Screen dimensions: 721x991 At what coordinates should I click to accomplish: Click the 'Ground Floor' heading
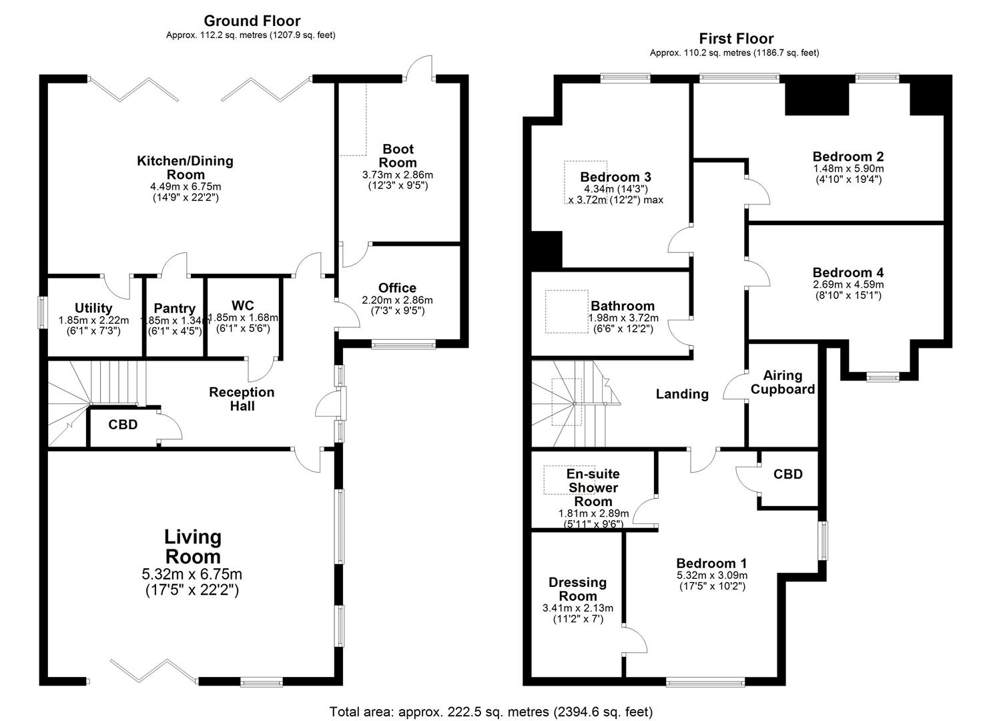point(252,21)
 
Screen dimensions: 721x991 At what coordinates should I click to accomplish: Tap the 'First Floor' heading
point(736,39)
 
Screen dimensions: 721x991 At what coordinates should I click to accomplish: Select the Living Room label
point(192,546)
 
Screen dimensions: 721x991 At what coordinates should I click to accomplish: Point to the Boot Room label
point(398,156)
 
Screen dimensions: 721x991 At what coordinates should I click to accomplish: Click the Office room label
point(397,288)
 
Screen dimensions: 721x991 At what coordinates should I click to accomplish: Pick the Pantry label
point(174,308)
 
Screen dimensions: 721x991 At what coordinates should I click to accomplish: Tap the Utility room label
point(93,308)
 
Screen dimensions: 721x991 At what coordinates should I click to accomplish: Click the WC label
point(243,306)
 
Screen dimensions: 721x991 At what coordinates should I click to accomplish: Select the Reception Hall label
point(242,399)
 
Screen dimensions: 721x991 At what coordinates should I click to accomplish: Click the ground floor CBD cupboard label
point(123,425)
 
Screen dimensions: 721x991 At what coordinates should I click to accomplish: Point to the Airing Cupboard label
point(783,383)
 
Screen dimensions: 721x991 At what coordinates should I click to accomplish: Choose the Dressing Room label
point(577,589)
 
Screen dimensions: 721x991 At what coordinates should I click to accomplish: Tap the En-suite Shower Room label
point(593,487)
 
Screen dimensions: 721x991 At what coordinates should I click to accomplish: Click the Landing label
point(681,394)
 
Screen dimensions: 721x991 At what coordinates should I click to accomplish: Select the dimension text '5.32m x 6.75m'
point(192,574)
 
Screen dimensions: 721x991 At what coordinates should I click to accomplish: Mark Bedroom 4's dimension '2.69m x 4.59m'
point(848,284)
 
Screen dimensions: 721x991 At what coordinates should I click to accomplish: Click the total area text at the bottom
point(490,712)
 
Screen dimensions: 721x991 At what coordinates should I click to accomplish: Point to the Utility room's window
point(41,312)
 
